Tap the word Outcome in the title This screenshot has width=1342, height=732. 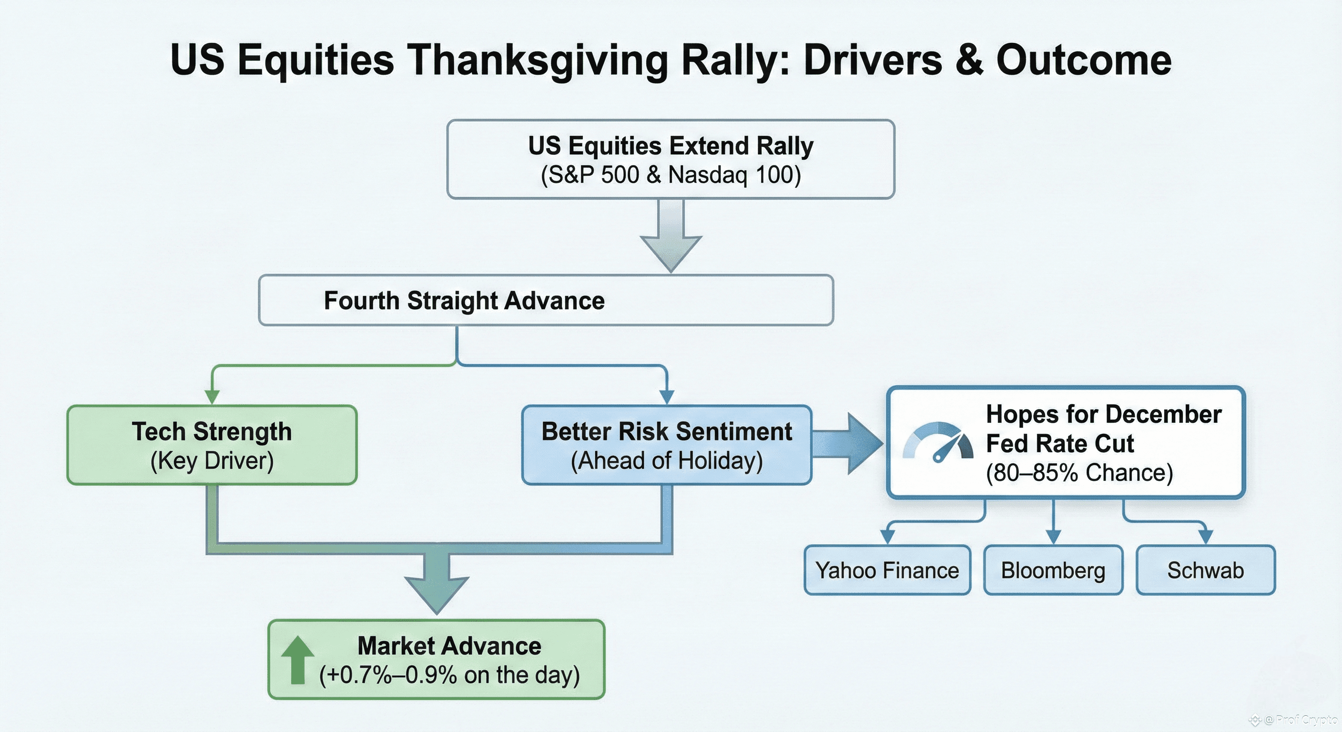click(x=1084, y=61)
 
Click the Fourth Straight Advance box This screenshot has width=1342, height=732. click(x=546, y=300)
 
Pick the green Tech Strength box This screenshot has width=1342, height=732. click(x=212, y=445)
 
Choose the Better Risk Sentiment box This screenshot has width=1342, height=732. click(x=667, y=445)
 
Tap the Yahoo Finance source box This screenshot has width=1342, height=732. click(x=887, y=570)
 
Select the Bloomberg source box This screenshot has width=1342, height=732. click(x=1053, y=570)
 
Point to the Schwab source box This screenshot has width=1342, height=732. click(x=1206, y=570)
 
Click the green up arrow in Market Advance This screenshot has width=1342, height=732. click(x=297, y=660)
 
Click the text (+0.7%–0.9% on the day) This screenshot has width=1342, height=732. click(x=449, y=675)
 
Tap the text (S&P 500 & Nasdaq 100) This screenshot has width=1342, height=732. click(x=671, y=174)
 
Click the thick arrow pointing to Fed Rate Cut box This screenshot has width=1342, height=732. click(x=847, y=444)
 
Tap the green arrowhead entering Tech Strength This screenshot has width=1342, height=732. click(x=212, y=397)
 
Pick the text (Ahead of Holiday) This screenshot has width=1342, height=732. click(x=667, y=460)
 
